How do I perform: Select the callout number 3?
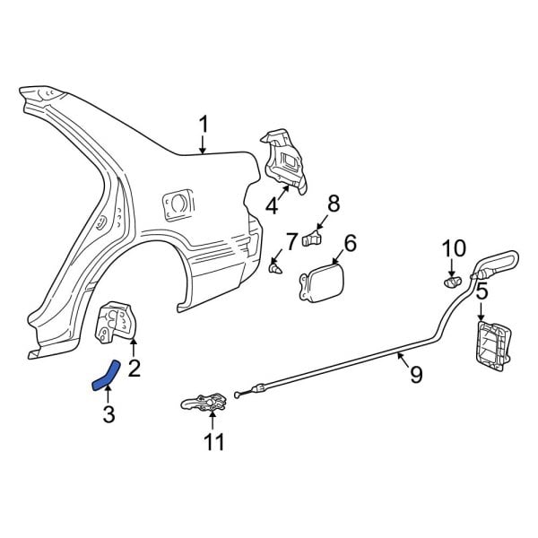(108, 413)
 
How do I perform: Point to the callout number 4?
(272, 205)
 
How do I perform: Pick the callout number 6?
(350, 243)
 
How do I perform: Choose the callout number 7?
(291, 241)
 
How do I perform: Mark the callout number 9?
(415, 375)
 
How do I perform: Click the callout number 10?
(455, 247)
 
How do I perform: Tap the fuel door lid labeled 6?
(318, 280)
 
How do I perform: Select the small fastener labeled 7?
(276, 267)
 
